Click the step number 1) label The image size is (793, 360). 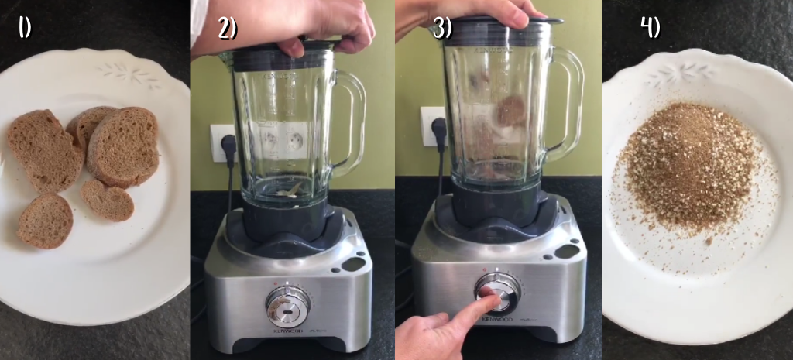pos(25,27)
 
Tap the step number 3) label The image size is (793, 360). pos(441,29)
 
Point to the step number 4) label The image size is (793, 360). pos(651,27)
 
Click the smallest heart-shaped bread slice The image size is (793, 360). pos(107,200)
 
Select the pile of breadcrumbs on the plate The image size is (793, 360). pos(692,167)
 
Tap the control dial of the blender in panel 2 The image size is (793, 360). pos(288,307)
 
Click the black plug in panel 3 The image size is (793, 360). pos(439,129)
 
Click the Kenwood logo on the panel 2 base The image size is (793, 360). pos(287,332)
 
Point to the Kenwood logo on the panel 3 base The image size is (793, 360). pos(497,320)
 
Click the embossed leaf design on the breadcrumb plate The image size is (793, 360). pos(679,75)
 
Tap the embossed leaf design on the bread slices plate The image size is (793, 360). pos(129,74)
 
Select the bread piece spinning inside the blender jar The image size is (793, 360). pos(511,111)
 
